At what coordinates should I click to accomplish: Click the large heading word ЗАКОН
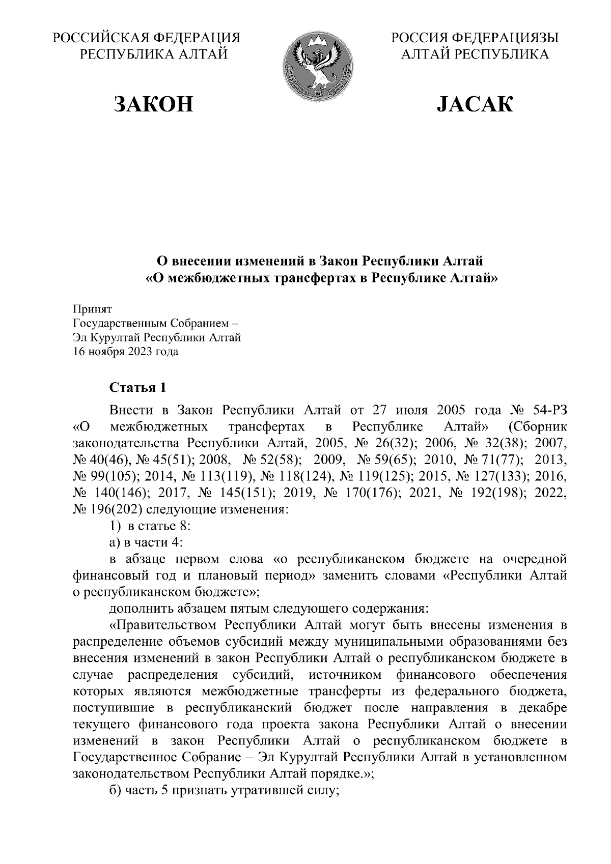click(153, 104)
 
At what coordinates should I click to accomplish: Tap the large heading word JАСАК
click(475, 104)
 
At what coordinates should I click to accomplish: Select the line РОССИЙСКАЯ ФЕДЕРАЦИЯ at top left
click(148, 39)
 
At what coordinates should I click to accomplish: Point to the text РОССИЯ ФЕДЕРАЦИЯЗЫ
click(475, 39)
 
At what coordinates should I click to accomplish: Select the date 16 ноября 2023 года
click(126, 352)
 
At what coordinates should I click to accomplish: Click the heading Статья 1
click(138, 388)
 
